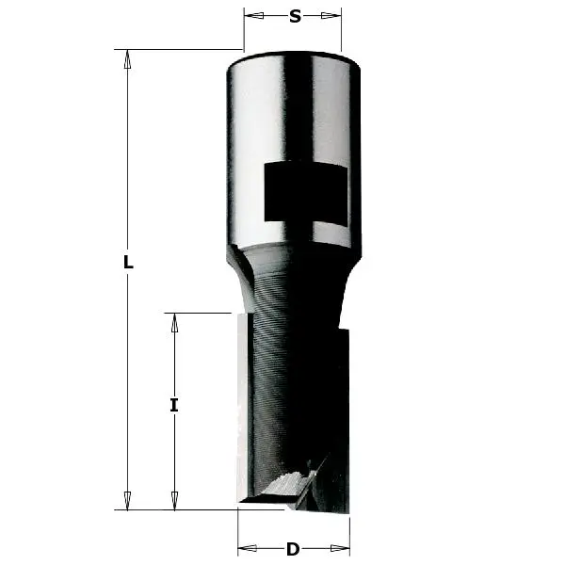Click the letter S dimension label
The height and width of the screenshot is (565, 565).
tap(294, 16)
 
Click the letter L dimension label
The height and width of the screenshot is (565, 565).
tap(128, 264)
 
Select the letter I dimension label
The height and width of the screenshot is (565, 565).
tap(173, 406)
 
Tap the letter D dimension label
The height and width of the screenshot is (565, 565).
tap(293, 549)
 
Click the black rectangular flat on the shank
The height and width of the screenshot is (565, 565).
tap(305, 192)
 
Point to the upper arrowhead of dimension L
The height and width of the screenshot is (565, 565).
tap(128, 58)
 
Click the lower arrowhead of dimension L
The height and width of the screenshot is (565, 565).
tap(128, 500)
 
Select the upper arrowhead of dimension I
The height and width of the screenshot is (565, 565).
tap(173, 322)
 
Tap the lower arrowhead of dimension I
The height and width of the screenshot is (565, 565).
tap(173, 500)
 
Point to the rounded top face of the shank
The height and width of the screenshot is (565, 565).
tap(294, 58)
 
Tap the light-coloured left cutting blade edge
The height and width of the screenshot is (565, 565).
tap(242, 405)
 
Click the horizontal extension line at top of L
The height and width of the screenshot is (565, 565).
tap(179, 49)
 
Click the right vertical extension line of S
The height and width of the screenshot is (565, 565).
tap(341, 33)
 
